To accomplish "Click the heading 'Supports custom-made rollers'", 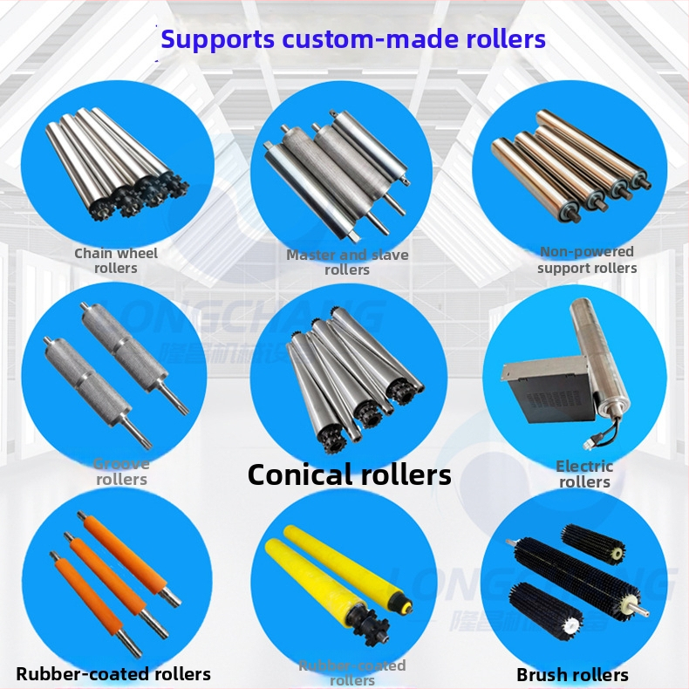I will [353, 39].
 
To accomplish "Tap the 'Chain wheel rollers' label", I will [116, 261].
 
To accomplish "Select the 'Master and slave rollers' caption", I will [347, 263].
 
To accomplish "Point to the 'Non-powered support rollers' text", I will [587, 260].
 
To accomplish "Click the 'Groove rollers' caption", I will [121, 472].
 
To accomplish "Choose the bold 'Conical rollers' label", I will [350, 474].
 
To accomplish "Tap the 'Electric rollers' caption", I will [584, 474].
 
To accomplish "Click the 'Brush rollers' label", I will [572, 674].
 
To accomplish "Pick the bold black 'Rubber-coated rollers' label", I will [113, 673].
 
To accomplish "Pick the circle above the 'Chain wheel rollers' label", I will [116, 161].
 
